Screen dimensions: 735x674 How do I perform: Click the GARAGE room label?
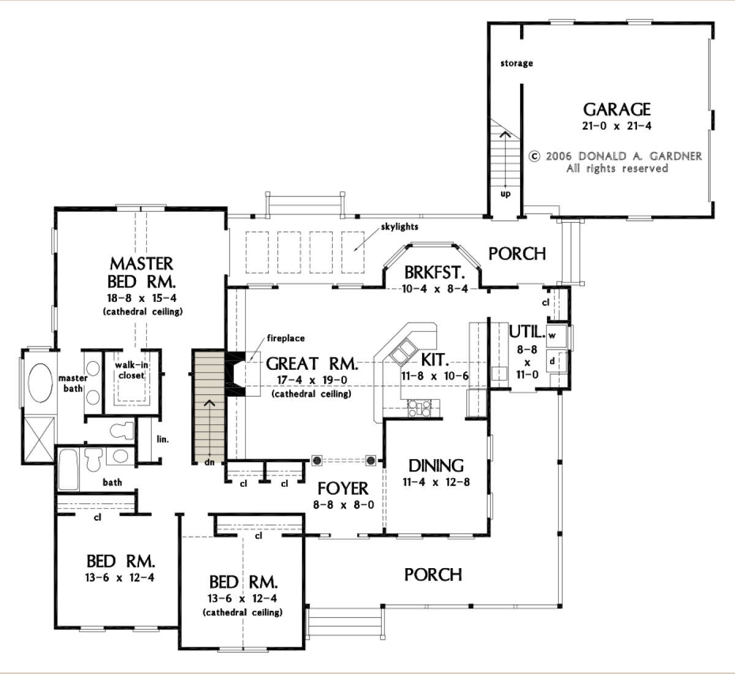(617, 109)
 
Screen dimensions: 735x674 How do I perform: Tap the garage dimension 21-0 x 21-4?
(617, 126)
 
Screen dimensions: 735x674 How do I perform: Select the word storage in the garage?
(516, 64)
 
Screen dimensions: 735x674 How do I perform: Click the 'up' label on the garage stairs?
(506, 193)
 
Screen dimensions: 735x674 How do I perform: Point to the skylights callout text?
(399, 227)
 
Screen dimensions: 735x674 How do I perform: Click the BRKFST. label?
(434, 272)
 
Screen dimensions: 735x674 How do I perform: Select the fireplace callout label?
(286, 338)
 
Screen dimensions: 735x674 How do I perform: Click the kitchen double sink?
(402, 351)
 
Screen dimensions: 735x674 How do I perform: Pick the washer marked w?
(556, 335)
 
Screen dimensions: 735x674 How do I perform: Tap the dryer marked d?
(556, 361)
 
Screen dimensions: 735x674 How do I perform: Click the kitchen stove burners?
(419, 408)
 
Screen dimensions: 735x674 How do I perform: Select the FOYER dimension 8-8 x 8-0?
(344, 505)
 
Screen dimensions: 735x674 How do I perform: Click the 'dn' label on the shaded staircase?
(209, 462)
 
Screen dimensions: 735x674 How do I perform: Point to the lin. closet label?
(163, 439)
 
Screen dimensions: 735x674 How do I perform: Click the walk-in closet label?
(131, 370)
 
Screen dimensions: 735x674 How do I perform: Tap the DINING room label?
(436, 466)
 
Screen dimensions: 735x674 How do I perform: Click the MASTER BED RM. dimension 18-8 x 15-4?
(141, 298)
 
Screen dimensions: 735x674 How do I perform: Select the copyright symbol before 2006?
(535, 157)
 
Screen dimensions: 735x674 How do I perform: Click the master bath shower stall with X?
(39, 439)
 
